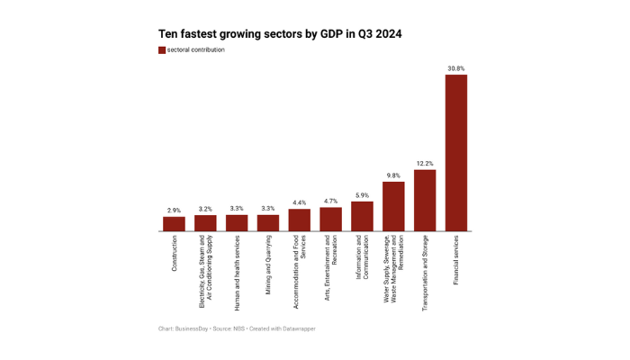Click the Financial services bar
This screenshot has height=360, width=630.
456,153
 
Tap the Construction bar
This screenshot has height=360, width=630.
174,224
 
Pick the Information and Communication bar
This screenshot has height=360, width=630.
362,216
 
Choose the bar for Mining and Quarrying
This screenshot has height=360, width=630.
268,223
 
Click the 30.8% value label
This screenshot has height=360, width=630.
456,68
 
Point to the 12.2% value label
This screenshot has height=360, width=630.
425,164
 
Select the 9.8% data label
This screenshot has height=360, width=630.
393,175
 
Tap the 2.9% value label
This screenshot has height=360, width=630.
174,211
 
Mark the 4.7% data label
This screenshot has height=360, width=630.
330,202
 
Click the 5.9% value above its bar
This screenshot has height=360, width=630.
362,195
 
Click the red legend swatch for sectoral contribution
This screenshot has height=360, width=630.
162,50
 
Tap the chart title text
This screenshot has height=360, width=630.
280,33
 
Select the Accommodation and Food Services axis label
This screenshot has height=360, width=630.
300,261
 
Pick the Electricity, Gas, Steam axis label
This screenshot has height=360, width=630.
205,266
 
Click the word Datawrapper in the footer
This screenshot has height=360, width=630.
298,329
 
